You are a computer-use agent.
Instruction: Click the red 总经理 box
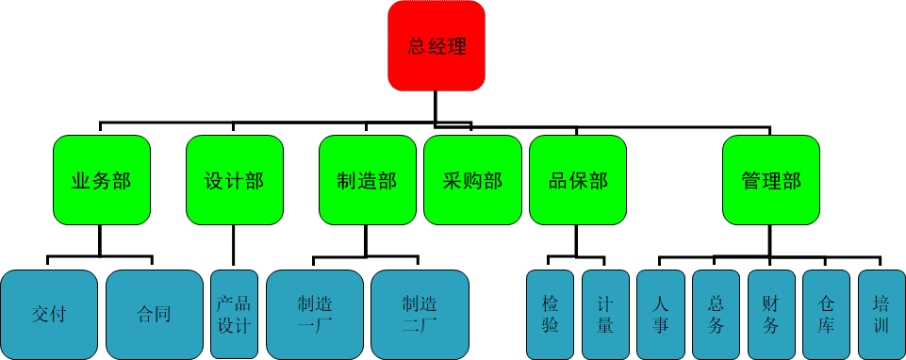point(437,46)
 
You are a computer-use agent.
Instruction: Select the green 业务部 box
point(101,180)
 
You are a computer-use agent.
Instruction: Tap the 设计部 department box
point(234,180)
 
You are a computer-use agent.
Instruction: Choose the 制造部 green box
point(367,180)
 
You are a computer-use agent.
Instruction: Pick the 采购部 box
point(471,180)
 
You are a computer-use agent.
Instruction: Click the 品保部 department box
point(578,180)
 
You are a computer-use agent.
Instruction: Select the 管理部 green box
point(771,180)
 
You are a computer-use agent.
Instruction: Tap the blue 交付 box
point(49,314)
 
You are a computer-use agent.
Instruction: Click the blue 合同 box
point(154,314)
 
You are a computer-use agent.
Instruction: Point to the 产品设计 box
point(234,314)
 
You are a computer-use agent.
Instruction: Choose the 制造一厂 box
point(314,314)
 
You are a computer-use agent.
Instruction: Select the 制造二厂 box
point(420,314)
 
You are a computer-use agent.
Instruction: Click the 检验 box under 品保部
point(551,314)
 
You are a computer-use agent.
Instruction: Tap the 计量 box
point(605,314)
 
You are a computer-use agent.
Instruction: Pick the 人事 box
point(660,314)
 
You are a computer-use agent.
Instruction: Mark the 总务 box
point(716,314)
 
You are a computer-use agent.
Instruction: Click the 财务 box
point(771,314)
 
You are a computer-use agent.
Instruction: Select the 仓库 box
point(826,314)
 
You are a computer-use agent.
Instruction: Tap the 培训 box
point(881,314)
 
